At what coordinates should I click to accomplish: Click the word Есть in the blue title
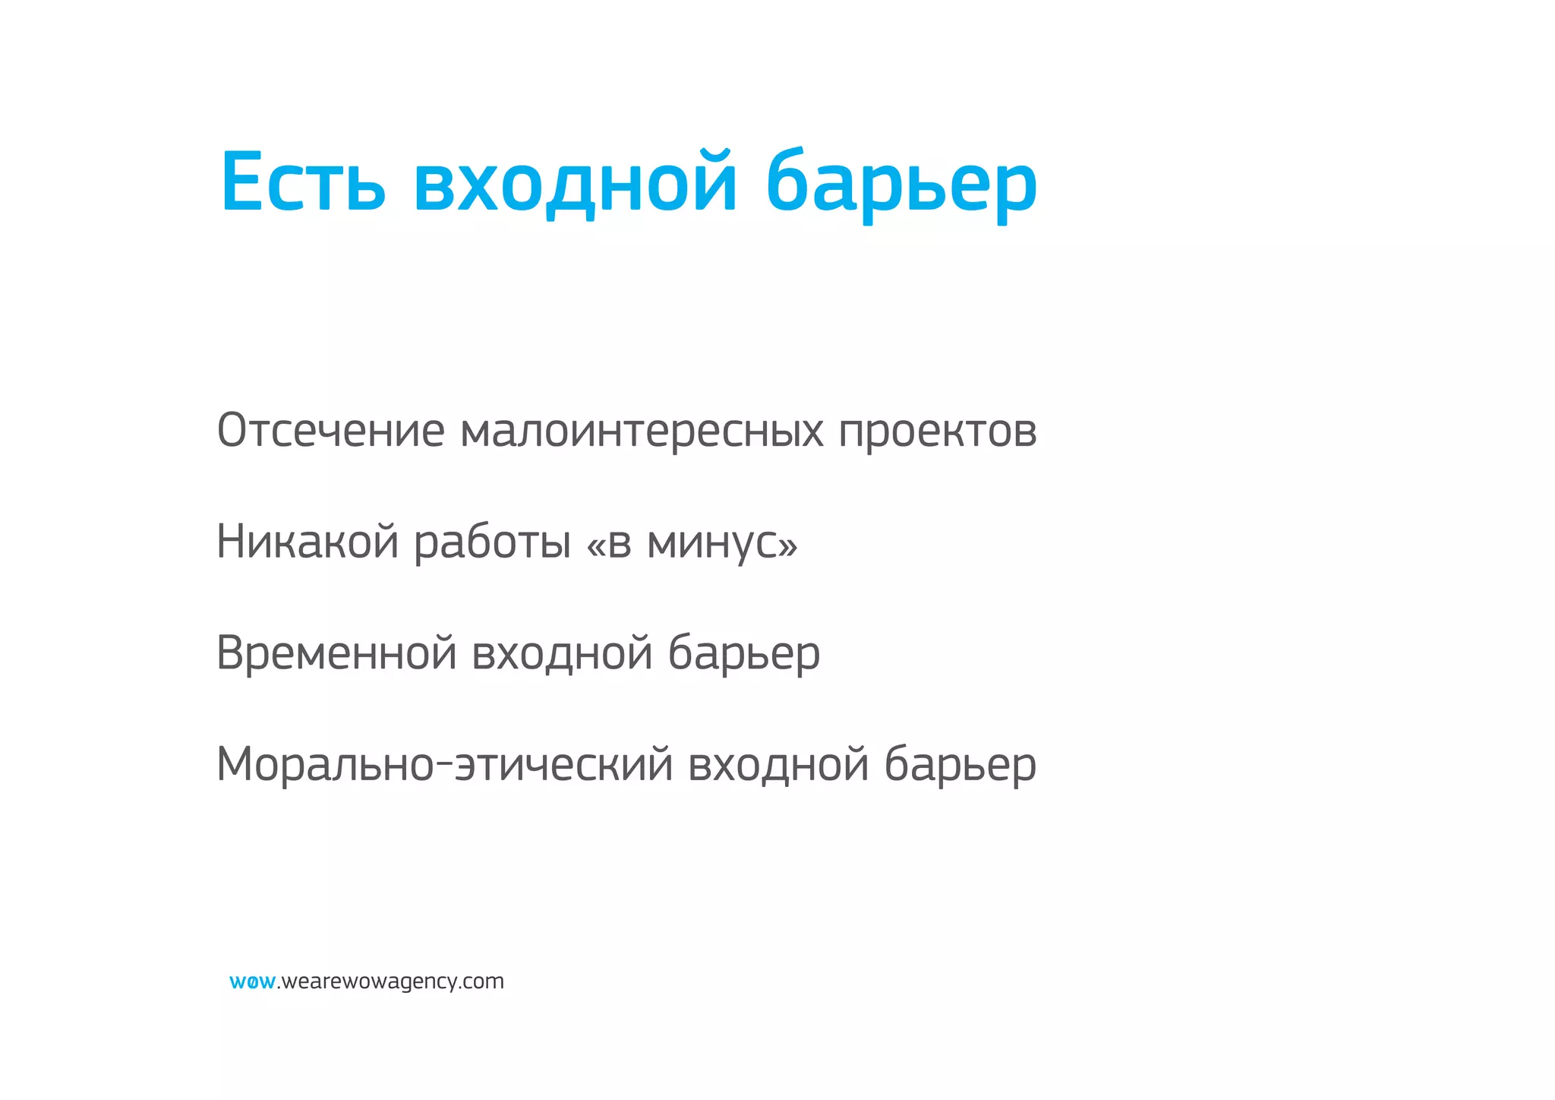coord(303,182)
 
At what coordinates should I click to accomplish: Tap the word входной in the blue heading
coord(576,184)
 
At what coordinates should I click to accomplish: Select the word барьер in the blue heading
coord(901,184)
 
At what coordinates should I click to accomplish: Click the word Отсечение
coord(330,430)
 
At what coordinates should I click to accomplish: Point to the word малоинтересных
coord(642,430)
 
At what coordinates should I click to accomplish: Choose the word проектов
coord(938,431)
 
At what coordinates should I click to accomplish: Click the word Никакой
coord(308,542)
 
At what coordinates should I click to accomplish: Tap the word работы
coord(492,542)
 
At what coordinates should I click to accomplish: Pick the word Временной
coord(336,653)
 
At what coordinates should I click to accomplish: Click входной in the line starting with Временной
coord(562,653)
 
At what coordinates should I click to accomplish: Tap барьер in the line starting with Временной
coord(744,653)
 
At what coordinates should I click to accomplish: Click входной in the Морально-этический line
coord(778,764)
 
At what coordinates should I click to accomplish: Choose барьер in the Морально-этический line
coord(960,764)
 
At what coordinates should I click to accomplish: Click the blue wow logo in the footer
coord(252,982)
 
